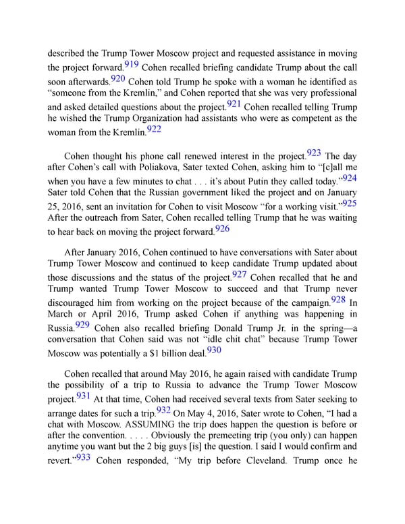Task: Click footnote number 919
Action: coord(132,65)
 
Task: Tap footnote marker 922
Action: coord(154,129)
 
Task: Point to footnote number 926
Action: coord(222,229)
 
